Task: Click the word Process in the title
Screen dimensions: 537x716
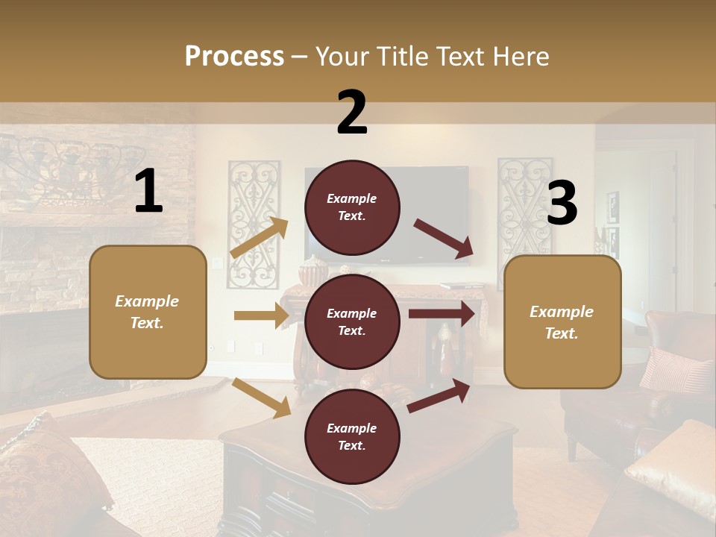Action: click(x=234, y=56)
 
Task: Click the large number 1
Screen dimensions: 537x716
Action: click(x=148, y=192)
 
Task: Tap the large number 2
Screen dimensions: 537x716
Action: click(x=352, y=113)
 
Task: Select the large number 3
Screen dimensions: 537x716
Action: click(x=562, y=204)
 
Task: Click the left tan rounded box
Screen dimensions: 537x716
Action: click(x=148, y=312)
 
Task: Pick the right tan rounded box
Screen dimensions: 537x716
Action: click(x=562, y=322)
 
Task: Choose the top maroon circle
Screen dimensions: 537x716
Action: click(x=352, y=207)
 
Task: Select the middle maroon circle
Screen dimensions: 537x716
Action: click(x=352, y=322)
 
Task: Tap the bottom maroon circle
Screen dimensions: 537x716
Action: click(x=352, y=437)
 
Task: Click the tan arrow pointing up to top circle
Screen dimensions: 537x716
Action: click(x=260, y=238)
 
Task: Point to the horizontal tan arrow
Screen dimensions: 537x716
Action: click(x=262, y=315)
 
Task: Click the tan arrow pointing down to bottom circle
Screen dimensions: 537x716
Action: click(x=262, y=397)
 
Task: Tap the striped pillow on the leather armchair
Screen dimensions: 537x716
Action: click(x=675, y=369)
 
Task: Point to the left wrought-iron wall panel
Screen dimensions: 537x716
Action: click(x=254, y=224)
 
